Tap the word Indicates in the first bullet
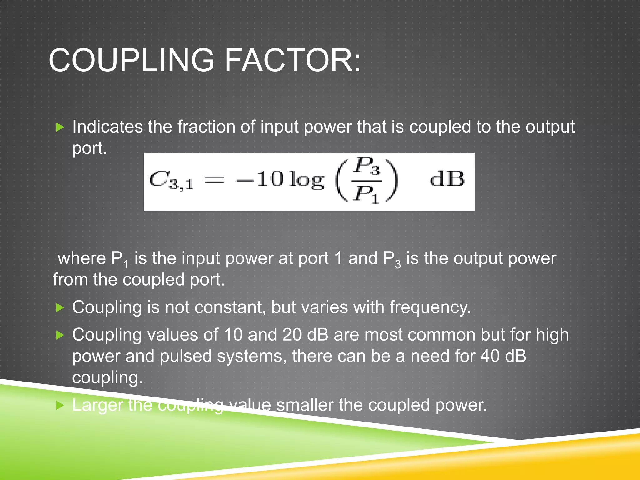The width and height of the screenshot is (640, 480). tap(107, 127)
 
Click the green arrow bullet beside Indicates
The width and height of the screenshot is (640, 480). tap(60, 127)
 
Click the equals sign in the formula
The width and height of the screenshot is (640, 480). tap(214, 180)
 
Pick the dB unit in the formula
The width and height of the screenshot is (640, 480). tap(447, 179)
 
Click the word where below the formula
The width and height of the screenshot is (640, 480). tap(82, 259)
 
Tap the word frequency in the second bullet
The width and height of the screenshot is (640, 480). tap(430, 307)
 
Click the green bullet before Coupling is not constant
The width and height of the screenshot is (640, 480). tap(60, 308)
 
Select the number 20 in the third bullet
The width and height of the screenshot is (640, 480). tap(292, 335)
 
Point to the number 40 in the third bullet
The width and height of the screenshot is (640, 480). tap(490, 356)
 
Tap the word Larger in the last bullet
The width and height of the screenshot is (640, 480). tap(98, 405)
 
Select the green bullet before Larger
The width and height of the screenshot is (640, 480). tap(60, 406)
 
